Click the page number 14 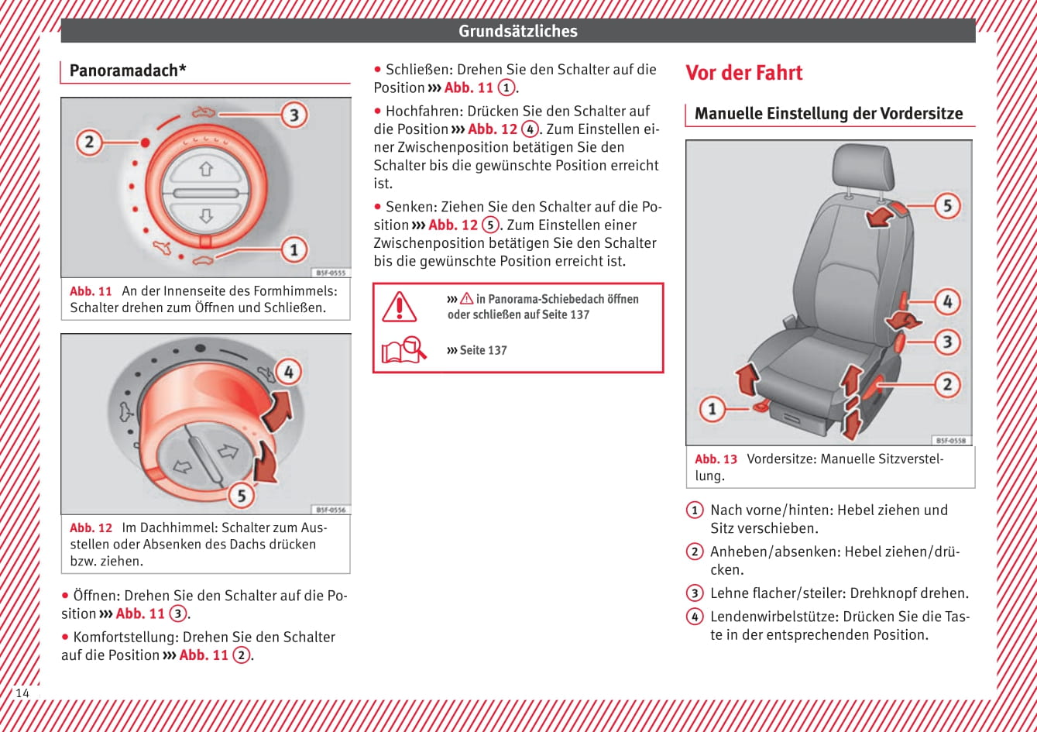pyautogui.click(x=22, y=693)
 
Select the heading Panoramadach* pyautogui.click(x=128, y=71)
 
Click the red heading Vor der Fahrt pyautogui.click(x=743, y=74)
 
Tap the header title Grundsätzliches pyautogui.click(x=517, y=31)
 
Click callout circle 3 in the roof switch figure pyautogui.click(x=293, y=115)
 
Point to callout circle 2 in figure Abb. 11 pyautogui.click(x=89, y=143)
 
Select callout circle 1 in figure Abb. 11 pyautogui.click(x=293, y=249)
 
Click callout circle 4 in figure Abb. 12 pyautogui.click(x=288, y=372)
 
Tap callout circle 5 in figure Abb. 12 pyautogui.click(x=241, y=494)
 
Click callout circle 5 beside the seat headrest pyautogui.click(x=946, y=206)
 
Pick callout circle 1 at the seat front pyautogui.click(x=712, y=408)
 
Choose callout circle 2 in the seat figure pyautogui.click(x=946, y=383)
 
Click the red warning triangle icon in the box pyautogui.click(x=399, y=308)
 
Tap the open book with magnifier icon pyautogui.click(x=403, y=350)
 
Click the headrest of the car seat pyautogui.click(x=862, y=167)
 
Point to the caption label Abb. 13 pyautogui.click(x=716, y=459)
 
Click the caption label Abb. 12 pyautogui.click(x=91, y=528)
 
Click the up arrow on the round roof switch pyautogui.click(x=206, y=168)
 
